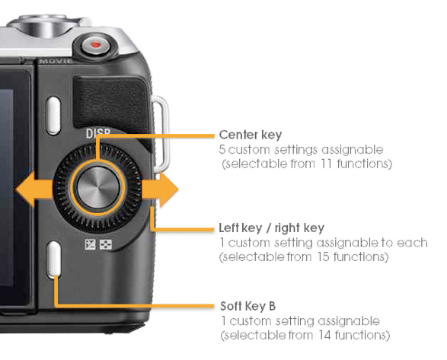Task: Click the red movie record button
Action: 96,45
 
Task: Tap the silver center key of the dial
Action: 98,187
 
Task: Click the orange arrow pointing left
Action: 34,189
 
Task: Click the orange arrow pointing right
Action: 160,190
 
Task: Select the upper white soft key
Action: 53,116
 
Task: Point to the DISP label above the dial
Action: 98,133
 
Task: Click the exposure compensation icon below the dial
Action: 90,244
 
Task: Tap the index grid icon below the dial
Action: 106,244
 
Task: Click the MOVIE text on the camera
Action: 56,61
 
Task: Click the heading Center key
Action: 251,135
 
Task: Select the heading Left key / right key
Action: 271,228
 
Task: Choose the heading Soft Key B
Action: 247,306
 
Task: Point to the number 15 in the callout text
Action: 324,256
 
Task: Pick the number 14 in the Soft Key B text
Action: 325,335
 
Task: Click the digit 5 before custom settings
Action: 222,150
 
